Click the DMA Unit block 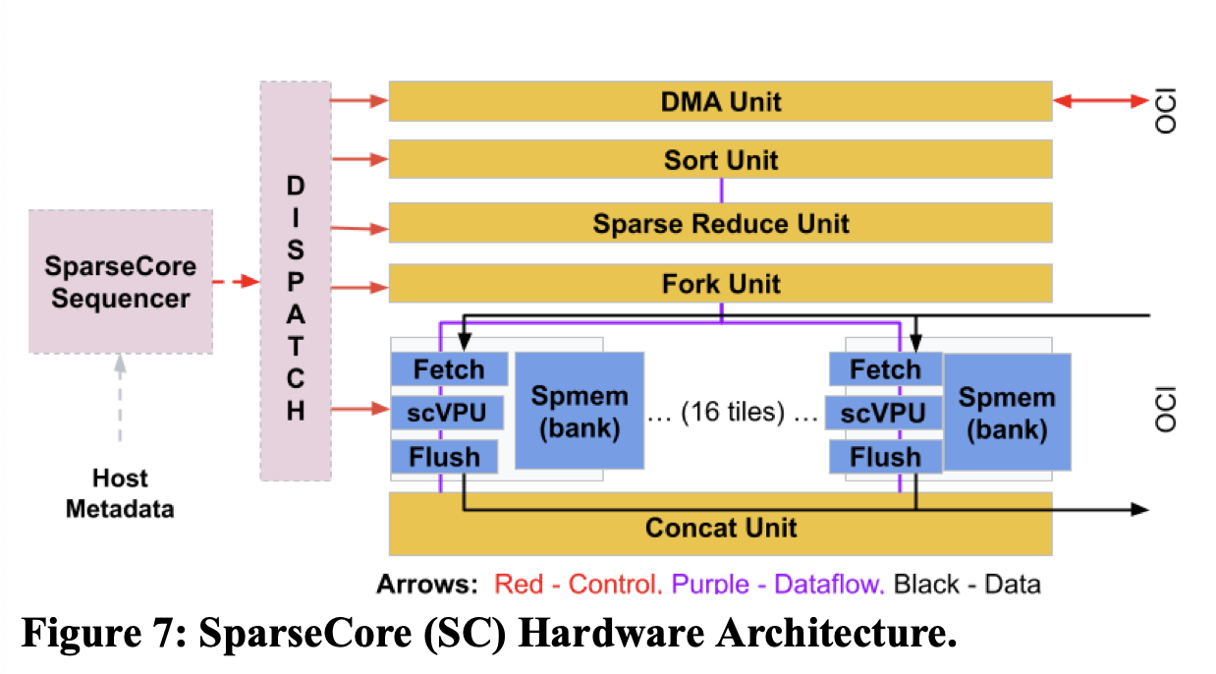pyautogui.click(x=720, y=101)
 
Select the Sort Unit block pyautogui.click(x=720, y=159)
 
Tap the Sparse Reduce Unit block pyautogui.click(x=720, y=223)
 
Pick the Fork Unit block pyautogui.click(x=720, y=284)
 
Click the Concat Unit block pyautogui.click(x=720, y=528)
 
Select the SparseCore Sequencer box pyautogui.click(x=120, y=282)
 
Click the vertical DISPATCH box pyautogui.click(x=296, y=282)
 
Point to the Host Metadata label pyautogui.click(x=120, y=493)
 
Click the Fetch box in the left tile pyautogui.click(x=449, y=369)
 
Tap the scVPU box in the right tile pyautogui.click(x=884, y=413)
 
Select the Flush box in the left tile pyautogui.click(x=445, y=457)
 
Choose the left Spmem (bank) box pyautogui.click(x=580, y=412)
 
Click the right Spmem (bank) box pyautogui.click(x=1007, y=412)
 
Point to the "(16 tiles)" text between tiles pyautogui.click(x=734, y=414)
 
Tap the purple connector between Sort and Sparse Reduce pyautogui.click(x=722, y=191)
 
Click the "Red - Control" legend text pyautogui.click(x=576, y=585)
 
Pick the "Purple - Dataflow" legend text pyautogui.click(x=778, y=585)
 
